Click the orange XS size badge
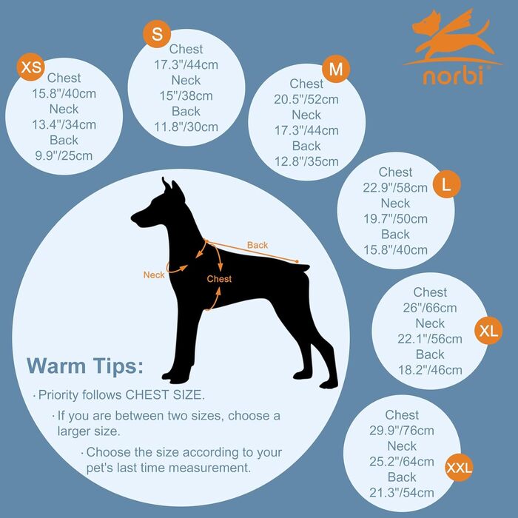pyautogui.click(x=31, y=67)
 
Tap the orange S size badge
pyautogui.click(x=157, y=34)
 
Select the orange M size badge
pyautogui.click(x=336, y=69)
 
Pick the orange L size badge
pyautogui.click(x=447, y=184)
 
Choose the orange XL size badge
pyautogui.click(x=488, y=330)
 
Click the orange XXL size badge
pyautogui.click(x=460, y=467)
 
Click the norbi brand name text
pyautogui.click(x=453, y=75)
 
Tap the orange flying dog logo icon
pyautogui.click(x=453, y=36)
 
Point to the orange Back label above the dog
pyautogui.click(x=258, y=245)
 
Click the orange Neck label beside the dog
pyautogui.click(x=154, y=275)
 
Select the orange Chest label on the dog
pyautogui.click(x=219, y=279)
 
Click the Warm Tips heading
pyautogui.click(x=85, y=366)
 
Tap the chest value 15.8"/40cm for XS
pyautogui.click(x=64, y=94)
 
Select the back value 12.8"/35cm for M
pyautogui.click(x=306, y=161)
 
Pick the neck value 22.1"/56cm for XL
pyautogui.click(x=430, y=339)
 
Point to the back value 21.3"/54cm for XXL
pyautogui.click(x=402, y=493)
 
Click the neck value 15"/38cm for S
pyautogui.click(x=186, y=96)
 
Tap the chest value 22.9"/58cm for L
pyautogui.click(x=395, y=188)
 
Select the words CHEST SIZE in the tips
pyautogui.click(x=165, y=394)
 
